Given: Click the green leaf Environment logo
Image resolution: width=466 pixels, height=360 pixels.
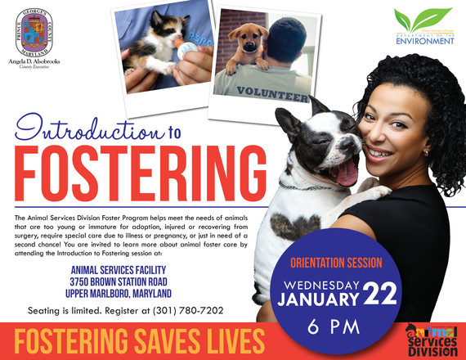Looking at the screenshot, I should (422, 24).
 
